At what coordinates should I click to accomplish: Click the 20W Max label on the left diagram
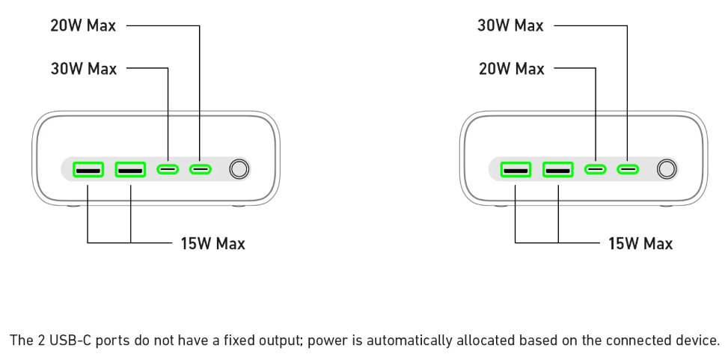[x=83, y=25]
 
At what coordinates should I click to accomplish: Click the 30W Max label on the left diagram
[x=83, y=69]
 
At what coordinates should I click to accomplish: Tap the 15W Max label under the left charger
[x=212, y=243]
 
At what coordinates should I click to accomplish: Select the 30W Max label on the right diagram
[x=510, y=25]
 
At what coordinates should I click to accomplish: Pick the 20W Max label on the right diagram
[x=510, y=69]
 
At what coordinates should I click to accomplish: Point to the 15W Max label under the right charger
[x=640, y=243]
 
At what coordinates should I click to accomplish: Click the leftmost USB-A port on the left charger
[x=88, y=169]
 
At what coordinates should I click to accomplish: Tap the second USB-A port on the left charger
[x=130, y=169]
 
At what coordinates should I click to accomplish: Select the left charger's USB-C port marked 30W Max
[x=168, y=169]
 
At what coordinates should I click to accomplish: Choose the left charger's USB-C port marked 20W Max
[x=200, y=169]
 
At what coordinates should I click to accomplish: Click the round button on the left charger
[x=239, y=169]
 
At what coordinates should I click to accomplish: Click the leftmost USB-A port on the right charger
[x=516, y=169]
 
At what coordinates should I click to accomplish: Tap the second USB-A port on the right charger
[x=557, y=169]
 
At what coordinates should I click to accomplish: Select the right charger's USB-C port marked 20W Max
[x=596, y=169]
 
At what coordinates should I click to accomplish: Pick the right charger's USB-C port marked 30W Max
[x=628, y=169]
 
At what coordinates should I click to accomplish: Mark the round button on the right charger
[x=667, y=169]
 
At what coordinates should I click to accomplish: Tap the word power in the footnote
[x=327, y=341]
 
